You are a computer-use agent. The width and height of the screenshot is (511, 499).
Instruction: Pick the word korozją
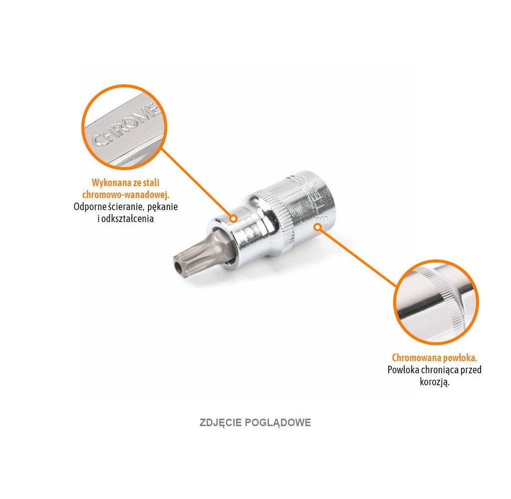[x=435, y=382]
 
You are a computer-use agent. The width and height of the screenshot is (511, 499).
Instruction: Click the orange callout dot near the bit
[x=233, y=218]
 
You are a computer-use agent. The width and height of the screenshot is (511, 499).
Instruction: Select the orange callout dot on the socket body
[x=317, y=227]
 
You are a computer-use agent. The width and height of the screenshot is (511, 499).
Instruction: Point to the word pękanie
[x=161, y=206]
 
